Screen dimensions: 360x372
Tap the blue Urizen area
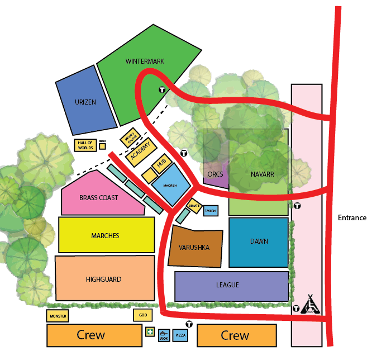click(85, 102)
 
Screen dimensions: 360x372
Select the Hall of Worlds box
click(85, 145)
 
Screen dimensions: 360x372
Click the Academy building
click(140, 151)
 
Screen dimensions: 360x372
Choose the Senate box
click(194, 206)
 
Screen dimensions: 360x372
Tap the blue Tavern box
click(211, 211)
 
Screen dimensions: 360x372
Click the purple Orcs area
click(215, 174)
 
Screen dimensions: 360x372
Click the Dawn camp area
click(259, 241)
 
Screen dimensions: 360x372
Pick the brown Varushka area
click(194, 247)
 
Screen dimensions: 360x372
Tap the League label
click(227, 285)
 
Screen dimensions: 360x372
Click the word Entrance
click(352, 218)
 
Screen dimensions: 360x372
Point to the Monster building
click(58, 316)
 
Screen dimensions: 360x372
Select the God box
click(142, 316)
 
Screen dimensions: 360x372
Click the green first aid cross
click(150, 332)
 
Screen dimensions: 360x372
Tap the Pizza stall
click(181, 335)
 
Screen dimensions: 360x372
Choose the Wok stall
click(164, 335)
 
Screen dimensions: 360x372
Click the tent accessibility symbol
click(312, 305)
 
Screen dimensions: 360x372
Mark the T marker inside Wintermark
click(162, 89)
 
